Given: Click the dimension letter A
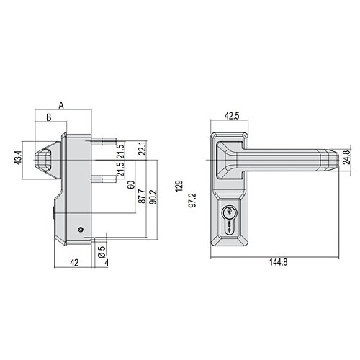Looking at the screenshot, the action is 61,105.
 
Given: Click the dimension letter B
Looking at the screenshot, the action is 49,117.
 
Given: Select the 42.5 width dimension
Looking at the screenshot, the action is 232,116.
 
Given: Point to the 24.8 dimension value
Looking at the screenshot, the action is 346,157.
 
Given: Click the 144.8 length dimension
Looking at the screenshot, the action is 278,262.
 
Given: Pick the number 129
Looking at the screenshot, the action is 179,186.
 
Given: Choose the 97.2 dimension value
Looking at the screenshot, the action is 192,200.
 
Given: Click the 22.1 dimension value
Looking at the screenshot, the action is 143,148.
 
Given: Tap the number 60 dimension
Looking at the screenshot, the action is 131,185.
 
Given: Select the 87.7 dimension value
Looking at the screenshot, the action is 142,197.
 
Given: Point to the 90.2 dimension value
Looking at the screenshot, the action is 153,197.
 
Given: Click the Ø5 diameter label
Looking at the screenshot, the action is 102,252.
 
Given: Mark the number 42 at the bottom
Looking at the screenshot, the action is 74,263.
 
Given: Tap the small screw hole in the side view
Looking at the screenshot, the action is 81,230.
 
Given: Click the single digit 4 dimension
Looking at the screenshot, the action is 107,263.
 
